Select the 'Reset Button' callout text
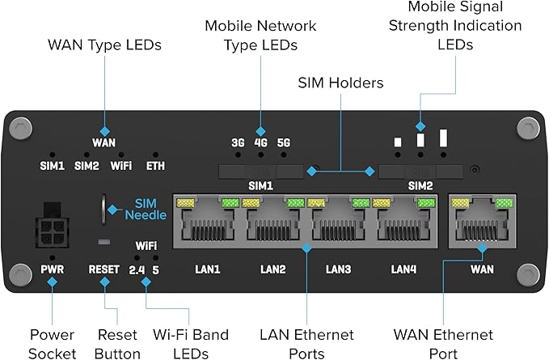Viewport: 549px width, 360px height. (x=118, y=344)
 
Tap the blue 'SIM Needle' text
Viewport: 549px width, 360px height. (x=146, y=209)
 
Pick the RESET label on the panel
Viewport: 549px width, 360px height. (x=103, y=269)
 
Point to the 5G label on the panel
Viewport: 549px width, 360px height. (x=283, y=142)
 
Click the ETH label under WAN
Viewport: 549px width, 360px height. (x=155, y=166)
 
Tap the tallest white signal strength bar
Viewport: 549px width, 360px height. (x=443, y=138)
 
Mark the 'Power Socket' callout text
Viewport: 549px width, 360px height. (x=52, y=344)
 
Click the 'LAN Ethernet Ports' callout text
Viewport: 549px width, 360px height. (x=307, y=344)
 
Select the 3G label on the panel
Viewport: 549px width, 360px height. (x=238, y=142)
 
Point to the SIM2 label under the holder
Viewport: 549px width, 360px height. (x=420, y=185)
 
